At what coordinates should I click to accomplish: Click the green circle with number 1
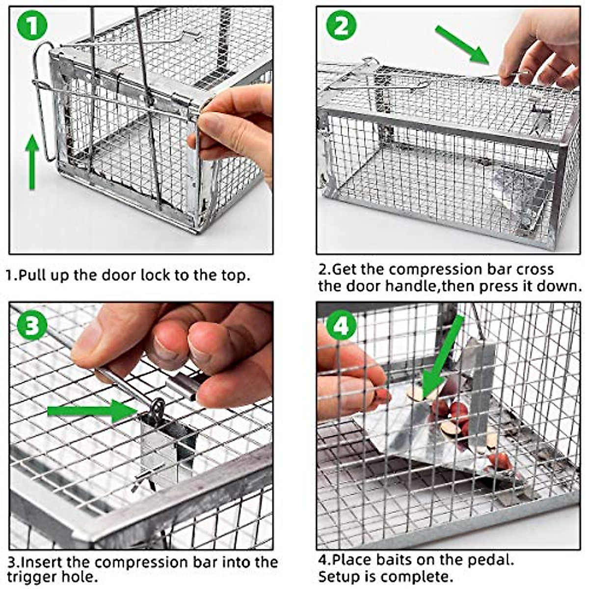(x=32, y=25)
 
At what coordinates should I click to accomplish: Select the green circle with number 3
(x=32, y=325)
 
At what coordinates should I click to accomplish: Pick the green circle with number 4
(x=342, y=325)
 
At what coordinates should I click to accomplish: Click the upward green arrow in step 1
(x=32, y=162)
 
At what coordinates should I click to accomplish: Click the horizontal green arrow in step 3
(x=92, y=411)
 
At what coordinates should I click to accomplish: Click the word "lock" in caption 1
(x=156, y=275)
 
